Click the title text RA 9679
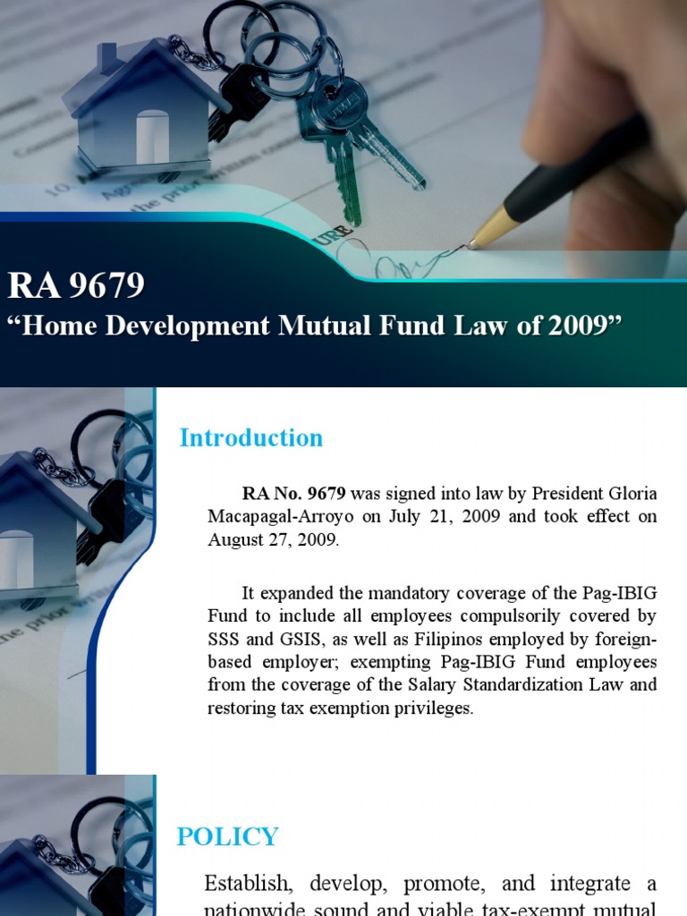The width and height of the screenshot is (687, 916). [x=76, y=285]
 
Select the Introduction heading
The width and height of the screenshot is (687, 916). [x=250, y=437]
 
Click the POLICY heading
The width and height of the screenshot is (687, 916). [x=228, y=837]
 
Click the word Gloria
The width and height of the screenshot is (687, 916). [x=630, y=494]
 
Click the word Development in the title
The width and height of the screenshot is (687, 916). [x=191, y=325]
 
